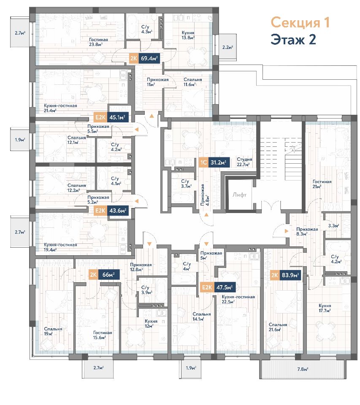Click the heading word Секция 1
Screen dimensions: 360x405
[300, 23]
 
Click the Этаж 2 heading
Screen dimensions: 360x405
[293, 40]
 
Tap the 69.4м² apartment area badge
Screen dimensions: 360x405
[149, 58]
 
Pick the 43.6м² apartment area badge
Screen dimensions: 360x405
[118, 211]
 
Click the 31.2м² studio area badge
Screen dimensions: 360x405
[218, 162]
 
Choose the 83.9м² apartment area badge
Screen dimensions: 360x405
[290, 275]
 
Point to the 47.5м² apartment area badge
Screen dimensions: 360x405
[225, 287]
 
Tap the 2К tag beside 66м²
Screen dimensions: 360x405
[93, 275]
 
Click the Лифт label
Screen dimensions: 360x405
[239, 194]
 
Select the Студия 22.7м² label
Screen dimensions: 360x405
[244, 162]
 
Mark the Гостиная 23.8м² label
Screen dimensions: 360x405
[98, 42]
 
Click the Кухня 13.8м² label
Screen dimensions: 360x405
[188, 35]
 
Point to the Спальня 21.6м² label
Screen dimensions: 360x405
[278, 327]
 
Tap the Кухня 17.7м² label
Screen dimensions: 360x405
[325, 308]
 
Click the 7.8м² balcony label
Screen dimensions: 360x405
[303, 369]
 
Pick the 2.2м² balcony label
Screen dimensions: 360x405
[227, 47]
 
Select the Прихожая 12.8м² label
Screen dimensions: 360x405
[141, 267]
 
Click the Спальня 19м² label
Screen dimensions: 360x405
[53, 332]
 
